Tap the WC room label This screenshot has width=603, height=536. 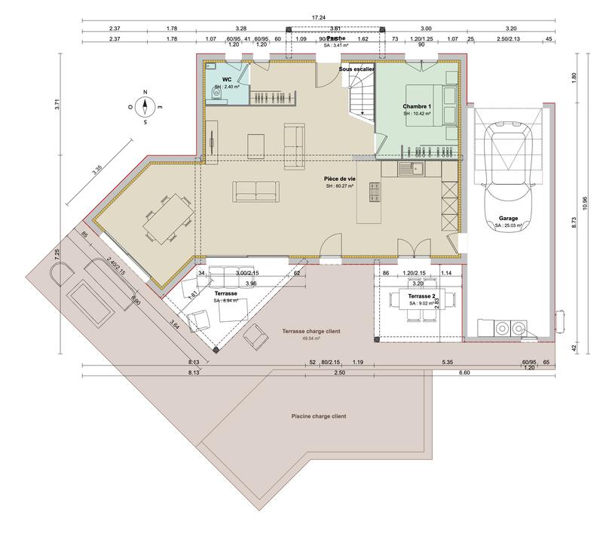click(x=226, y=79)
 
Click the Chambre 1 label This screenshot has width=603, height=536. click(x=417, y=106)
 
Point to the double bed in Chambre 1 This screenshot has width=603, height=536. click(x=442, y=106)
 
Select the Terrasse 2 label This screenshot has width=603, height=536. click(x=420, y=297)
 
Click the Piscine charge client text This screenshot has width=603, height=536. click(x=318, y=415)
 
